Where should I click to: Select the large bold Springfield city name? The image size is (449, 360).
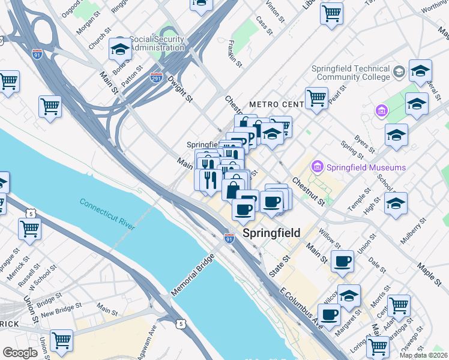pos(271,233)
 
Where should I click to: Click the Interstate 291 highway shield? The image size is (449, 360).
pos(156,77)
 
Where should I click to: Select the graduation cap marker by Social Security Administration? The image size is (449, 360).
pos(120,50)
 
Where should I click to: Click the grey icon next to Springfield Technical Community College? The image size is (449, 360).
pos(399,73)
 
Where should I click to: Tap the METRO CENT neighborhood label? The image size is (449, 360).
pos(277,104)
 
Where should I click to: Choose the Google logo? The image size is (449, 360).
pos(20,352)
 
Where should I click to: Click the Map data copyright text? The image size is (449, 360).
pos(424,355)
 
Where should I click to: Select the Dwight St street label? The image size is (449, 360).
pos(180,86)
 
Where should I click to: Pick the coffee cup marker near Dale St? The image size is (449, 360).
pos(342,262)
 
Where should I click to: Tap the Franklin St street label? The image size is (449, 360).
pos(235,53)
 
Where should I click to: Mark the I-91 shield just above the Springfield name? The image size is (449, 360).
pos(229,238)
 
